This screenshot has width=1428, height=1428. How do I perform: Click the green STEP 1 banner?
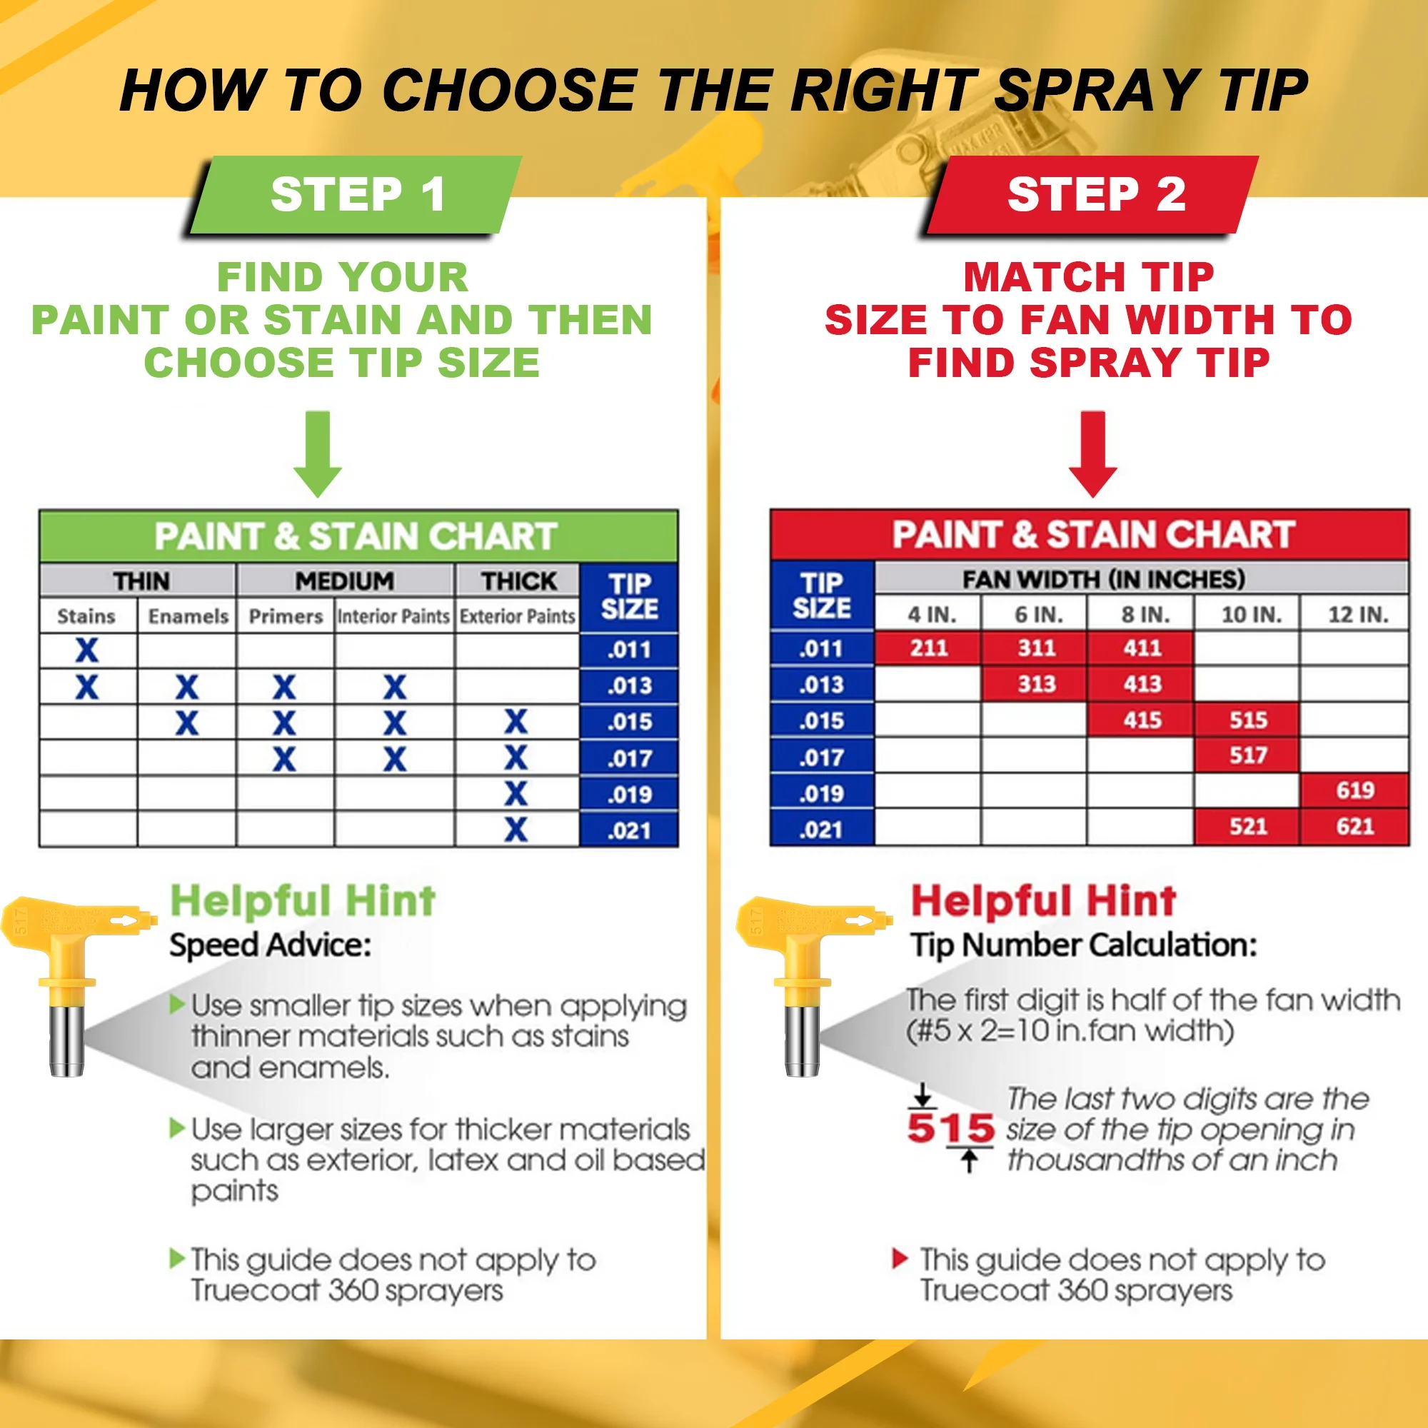click(357, 194)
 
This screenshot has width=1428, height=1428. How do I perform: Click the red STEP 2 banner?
click(1095, 194)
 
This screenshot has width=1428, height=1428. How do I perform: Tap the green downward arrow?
click(318, 455)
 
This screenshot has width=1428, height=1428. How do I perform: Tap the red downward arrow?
click(1093, 455)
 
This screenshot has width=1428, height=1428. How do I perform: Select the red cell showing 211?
click(928, 648)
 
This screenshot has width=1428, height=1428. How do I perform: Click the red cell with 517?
click(1247, 755)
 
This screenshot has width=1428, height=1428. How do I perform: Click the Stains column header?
click(86, 615)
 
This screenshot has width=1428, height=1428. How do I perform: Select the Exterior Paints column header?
click(517, 615)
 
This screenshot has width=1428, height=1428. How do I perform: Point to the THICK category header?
click(518, 581)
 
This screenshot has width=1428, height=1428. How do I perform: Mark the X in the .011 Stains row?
click(86, 650)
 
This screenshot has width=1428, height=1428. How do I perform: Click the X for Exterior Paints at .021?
click(516, 829)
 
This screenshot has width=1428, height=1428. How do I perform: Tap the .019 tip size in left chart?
click(629, 795)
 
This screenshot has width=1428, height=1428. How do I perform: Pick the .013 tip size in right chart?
click(821, 685)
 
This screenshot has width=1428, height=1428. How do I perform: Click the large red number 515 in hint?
click(950, 1129)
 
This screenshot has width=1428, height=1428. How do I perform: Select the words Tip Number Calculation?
click(1083, 945)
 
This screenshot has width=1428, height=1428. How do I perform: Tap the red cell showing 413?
click(1142, 684)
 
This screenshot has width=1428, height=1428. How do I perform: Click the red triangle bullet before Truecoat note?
click(899, 1258)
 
